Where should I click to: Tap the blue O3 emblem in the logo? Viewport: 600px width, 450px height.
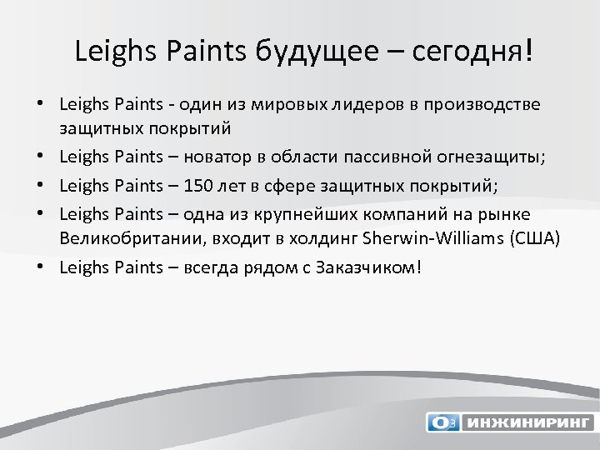[x=442, y=422]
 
